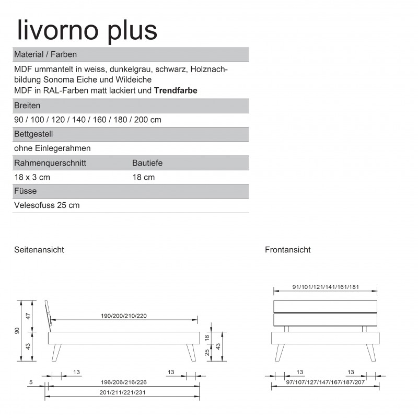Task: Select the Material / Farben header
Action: (x=47, y=54)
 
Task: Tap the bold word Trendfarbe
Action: (x=176, y=90)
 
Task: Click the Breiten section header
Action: (x=27, y=105)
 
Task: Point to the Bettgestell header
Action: (x=33, y=134)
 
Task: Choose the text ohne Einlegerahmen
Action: (x=52, y=148)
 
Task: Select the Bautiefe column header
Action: (x=147, y=163)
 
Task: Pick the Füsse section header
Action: (x=25, y=191)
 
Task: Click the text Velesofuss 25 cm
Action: (x=47, y=205)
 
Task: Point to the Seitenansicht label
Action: (x=39, y=250)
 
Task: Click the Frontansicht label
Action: (x=288, y=250)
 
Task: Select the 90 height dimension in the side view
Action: (x=17, y=330)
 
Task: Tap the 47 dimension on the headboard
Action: (x=29, y=316)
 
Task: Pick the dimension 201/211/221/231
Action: (x=122, y=392)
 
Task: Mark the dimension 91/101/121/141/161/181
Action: (x=325, y=287)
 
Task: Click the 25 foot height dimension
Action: (x=207, y=353)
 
